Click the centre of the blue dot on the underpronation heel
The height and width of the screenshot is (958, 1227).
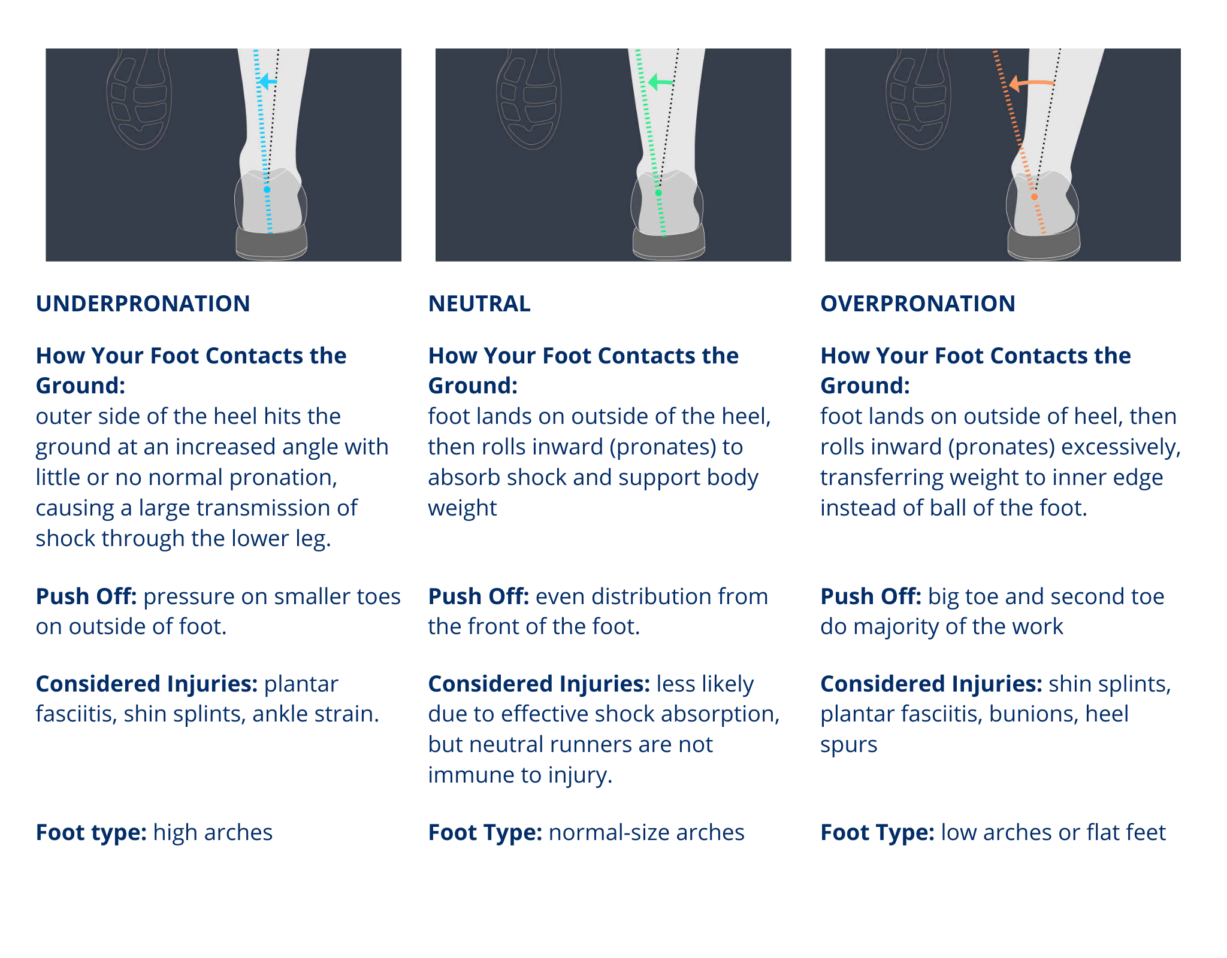pos(267,189)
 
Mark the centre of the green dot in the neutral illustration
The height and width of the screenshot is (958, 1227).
pos(658,193)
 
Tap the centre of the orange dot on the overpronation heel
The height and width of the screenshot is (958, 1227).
pos(1035,196)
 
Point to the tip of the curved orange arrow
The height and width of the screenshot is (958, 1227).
pos(1009,83)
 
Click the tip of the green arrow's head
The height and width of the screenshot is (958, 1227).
pos(649,81)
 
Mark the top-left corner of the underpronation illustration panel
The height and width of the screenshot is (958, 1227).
pos(46,48)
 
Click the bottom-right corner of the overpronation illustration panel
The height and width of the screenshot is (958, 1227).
pos(1181,261)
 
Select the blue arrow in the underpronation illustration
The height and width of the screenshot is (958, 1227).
pos(267,81)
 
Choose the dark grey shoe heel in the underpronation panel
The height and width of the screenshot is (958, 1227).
pos(271,242)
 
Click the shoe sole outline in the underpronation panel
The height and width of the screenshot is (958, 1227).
pos(139,99)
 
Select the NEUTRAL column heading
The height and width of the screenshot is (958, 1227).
pos(479,304)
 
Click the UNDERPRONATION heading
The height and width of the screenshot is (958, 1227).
pos(143,304)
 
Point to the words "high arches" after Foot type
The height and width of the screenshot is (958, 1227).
pos(213,832)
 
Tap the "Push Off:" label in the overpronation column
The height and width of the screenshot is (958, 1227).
pos(871,596)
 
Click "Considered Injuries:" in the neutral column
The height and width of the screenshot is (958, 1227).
pos(539,684)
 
